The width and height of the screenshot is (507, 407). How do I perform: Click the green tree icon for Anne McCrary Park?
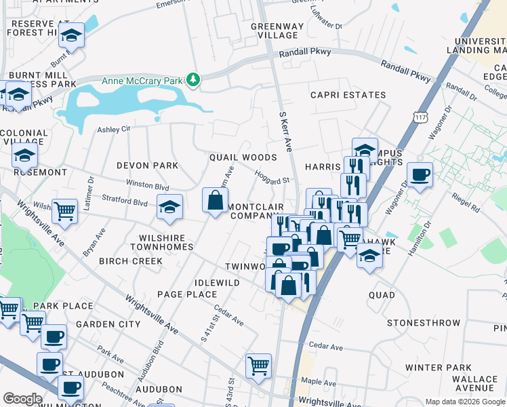pyautogui.click(x=194, y=81)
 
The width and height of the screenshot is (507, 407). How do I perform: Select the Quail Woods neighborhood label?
pyautogui.click(x=243, y=157)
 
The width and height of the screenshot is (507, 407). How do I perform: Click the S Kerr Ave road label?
pyautogui.click(x=286, y=132)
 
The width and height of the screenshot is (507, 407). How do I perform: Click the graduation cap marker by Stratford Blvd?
pyautogui.click(x=169, y=207)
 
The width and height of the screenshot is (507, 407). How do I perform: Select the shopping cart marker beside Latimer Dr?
pyautogui.click(x=64, y=211)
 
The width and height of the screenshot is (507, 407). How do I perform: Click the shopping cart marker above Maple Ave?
pyautogui.click(x=258, y=366)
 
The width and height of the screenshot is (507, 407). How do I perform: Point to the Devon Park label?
pyautogui.click(x=147, y=166)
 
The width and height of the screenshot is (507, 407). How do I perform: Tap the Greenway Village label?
pyautogui.click(x=275, y=31)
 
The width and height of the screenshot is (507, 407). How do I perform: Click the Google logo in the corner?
pyautogui.click(x=22, y=399)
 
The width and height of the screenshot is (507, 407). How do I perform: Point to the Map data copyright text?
pyautogui.click(x=466, y=402)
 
